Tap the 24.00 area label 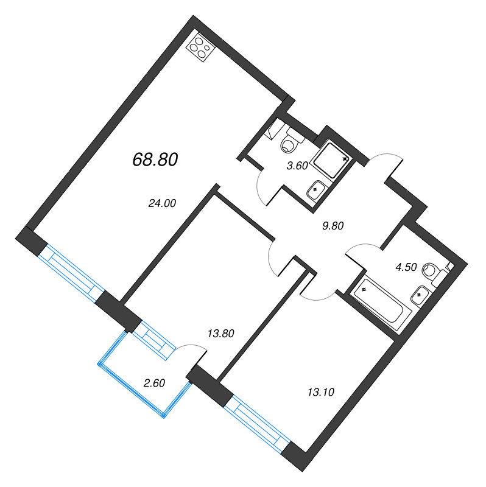pyautogui.click(x=161, y=205)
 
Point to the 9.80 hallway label pyautogui.click(x=333, y=225)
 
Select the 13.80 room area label pyautogui.click(x=220, y=333)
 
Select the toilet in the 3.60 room pyautogui.click(x=291, y=144)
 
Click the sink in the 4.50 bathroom pyautogui.click(x=421, y=296)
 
